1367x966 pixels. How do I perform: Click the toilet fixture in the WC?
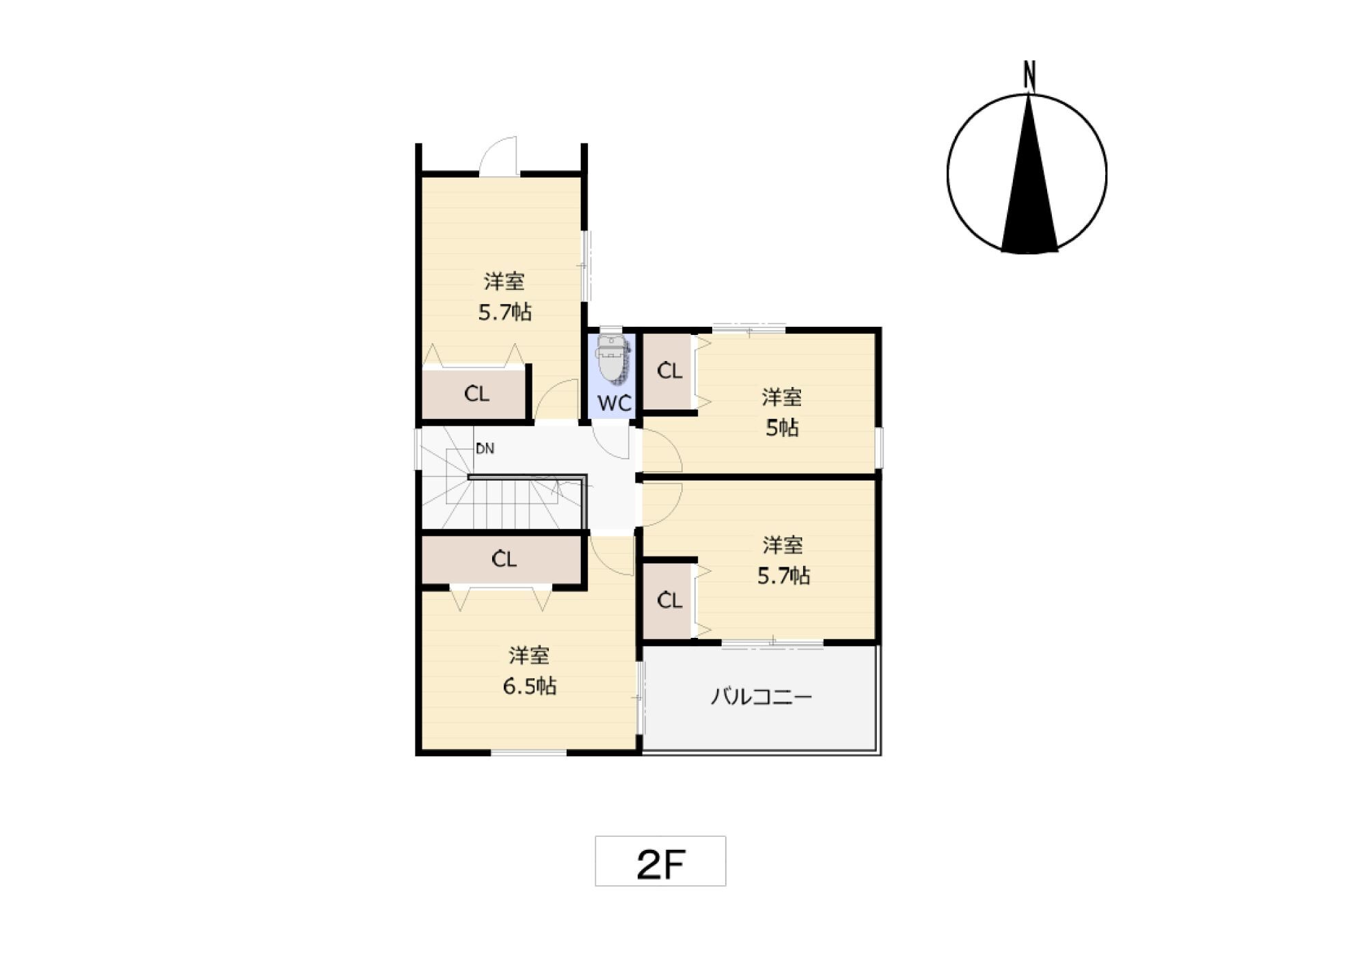pyautogui.click(x=612, y=358)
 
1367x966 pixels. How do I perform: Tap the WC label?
pyautogui.click(x=614, y=403)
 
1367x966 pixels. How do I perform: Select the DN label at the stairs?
pyautogui.click(x=485, y=449)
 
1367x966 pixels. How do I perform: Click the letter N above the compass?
pyautogui.click(x=1029, y=76)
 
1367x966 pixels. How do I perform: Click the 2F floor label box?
pyautogui.click(x=660, y=861)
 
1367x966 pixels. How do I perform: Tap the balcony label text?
pyautogui.click(x=761, y=697)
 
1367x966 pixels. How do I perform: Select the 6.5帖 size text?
pyautogui.click(x=530, y=686)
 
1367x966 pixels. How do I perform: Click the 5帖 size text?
pyautogui.click(x=782, y=428)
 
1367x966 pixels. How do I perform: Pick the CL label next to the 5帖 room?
pyautogui.click(x=670, y=371)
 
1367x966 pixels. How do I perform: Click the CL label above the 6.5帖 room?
pyautogui.click(x=504, y=559)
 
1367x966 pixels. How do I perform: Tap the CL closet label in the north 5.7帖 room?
pyautogui.click(x=476, y=394)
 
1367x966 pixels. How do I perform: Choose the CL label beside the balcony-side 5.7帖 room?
pyautogui.click(x=670, y=600)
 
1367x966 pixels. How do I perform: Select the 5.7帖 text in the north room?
pyautogui.click(x=505, y=312)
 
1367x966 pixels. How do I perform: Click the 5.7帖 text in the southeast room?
pyautogui.click(x=783, y=576)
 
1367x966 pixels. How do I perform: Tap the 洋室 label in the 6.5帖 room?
pyautogui.click(x=529, y=656)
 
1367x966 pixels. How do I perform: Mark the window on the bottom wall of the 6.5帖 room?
pyautogui.click(x=529, y=753)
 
